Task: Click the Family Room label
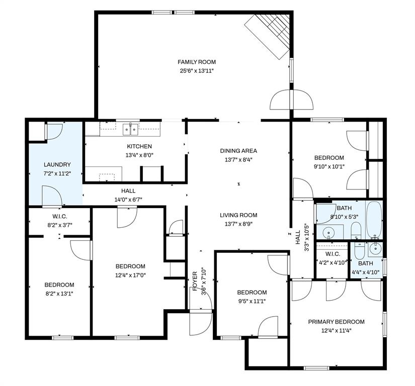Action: pyautogui.click(x=196, y=62)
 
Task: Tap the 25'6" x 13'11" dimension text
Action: pyautogui.click(x=196, y=71)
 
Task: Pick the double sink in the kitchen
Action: pyautogui.click(x=130, y=130)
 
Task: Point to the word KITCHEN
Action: pyautogui.click(x=139, y=146)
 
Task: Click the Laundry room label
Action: pyautogui.click(x=57, y=164)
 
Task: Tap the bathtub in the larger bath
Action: pyautogui.click(x=374, y=219)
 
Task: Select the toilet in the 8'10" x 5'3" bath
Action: pyautogui.click(x=356, y=231)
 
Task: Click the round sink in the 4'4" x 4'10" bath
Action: pyautogui.click(x=374, y=248)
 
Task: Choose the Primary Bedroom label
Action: pyautogui.click(x=336, y=322)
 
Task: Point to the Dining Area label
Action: pyautogui.click(x=238, y=151)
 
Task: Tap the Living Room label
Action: pyautogui.click(x=238, y=215)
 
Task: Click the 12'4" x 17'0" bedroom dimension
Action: pyautogui.click(x=130, y=275)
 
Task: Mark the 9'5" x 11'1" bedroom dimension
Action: pyautogui.click(x=252, y=301)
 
